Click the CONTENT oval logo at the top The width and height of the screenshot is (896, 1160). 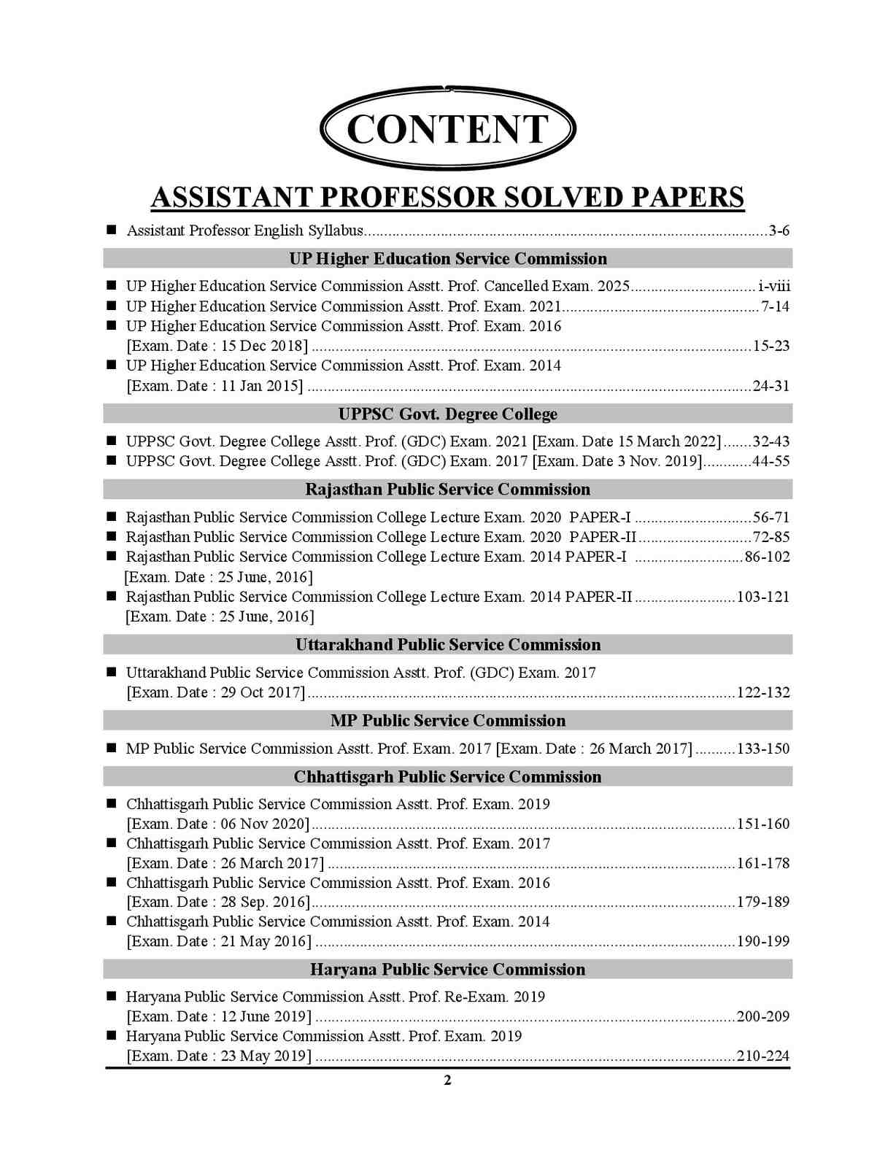[x=447, y=128]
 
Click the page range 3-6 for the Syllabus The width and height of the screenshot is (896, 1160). [x=779, y=231]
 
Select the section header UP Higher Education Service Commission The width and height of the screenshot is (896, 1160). [x=447, y=259]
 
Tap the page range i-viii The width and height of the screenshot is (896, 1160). [x=774, y=286]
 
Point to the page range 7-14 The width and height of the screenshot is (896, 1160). [x=775, y=306]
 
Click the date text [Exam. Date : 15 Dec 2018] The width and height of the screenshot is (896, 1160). [x=217, y=346]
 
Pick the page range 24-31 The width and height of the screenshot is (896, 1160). [x=771, y=386]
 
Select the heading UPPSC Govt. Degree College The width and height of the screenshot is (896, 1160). [x=447, y=414]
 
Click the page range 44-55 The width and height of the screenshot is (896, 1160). [x=771, y=461]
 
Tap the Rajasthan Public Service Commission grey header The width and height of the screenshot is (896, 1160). [x=447, y=490]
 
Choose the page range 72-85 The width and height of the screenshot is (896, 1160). [x=771, y=537]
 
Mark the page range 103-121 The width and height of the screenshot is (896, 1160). [x=763, y=597]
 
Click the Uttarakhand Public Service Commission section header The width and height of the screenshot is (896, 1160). [x=447, y=645]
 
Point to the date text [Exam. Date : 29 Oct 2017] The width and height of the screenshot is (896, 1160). [x=216, y=692]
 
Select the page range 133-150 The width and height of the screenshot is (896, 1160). [x=763, y=749]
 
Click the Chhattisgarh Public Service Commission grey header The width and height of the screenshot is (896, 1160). [x=447, y=777]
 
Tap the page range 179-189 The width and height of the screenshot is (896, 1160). [x=763, y=902]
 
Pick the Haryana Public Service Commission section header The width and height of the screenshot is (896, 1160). [x=447, y=970]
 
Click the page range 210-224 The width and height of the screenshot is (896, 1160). [x=763, y=1056]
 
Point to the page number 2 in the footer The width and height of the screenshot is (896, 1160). [x=447, y=1080]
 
